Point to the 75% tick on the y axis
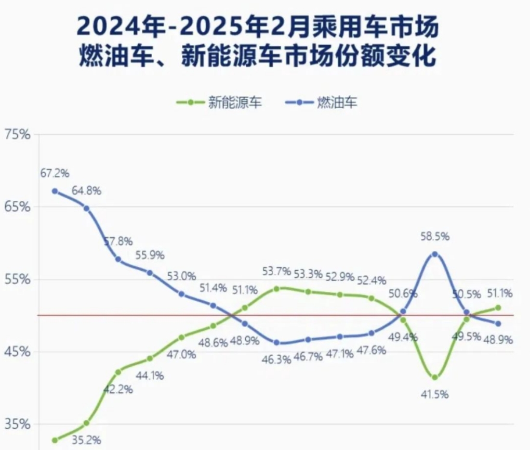coord(18,135)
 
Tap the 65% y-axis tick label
coord(18,207)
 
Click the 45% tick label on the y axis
coord(18,352)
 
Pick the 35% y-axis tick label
coord(18,425)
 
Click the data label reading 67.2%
coord(55,173)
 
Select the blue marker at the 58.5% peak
coord(435,254)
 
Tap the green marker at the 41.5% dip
coord(435,377)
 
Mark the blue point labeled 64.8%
coord(86,208)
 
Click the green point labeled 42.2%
coord(118,372)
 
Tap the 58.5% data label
coord(435,237)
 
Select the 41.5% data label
coord(434,394)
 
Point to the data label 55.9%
coord(150,255)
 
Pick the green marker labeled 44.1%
coord(150,358)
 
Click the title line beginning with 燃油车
coord(257,56)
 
